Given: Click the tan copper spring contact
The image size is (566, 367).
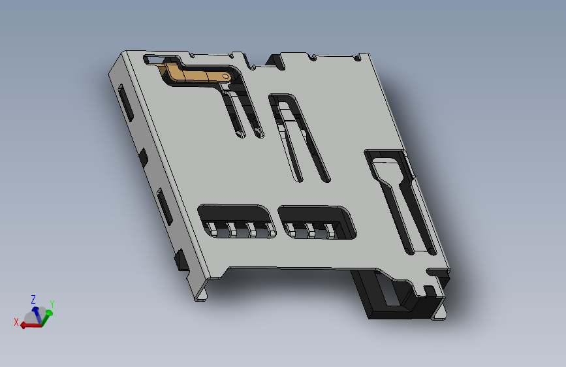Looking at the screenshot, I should point(196,74).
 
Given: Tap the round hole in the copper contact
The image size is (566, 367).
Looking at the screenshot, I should point(226,76).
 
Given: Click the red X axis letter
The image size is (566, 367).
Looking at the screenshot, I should point(16,322).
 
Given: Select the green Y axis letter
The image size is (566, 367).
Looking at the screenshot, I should point(52,304).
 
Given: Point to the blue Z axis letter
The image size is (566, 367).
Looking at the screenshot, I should point(33,299).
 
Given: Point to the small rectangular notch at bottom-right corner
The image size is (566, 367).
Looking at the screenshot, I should point(429,289).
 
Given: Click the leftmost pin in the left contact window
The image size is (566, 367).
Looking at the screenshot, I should point(213,230).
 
